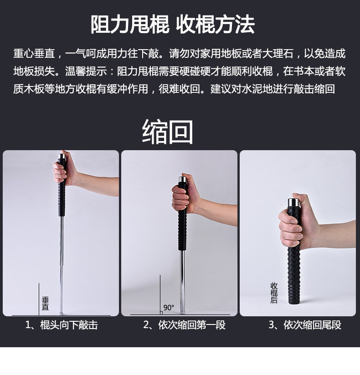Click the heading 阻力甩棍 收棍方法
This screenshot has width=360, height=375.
(172, 25)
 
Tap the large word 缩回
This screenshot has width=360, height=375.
(167, 132)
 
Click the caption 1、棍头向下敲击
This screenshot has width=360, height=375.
(62, 325)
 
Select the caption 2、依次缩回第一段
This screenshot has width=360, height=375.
(184, 325)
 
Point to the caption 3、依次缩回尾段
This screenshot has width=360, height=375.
(305, 325)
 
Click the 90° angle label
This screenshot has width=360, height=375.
(169, 308)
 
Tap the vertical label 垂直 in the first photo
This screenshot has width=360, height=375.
(45, 303)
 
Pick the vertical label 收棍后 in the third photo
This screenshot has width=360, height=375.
(274, 293)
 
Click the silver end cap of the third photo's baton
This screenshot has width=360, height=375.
(294, 203)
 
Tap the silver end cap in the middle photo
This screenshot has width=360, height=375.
(183, 179)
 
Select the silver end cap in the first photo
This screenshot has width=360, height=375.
(62, 157)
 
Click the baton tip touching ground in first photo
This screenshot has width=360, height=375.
(61, 313)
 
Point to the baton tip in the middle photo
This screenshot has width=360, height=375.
(183, 312)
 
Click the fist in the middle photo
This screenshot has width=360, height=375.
(185, 194)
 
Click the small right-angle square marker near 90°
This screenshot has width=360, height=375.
(161, 313)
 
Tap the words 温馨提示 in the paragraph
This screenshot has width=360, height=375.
(86, 71)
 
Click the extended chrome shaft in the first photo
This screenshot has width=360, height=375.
(62, 263)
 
